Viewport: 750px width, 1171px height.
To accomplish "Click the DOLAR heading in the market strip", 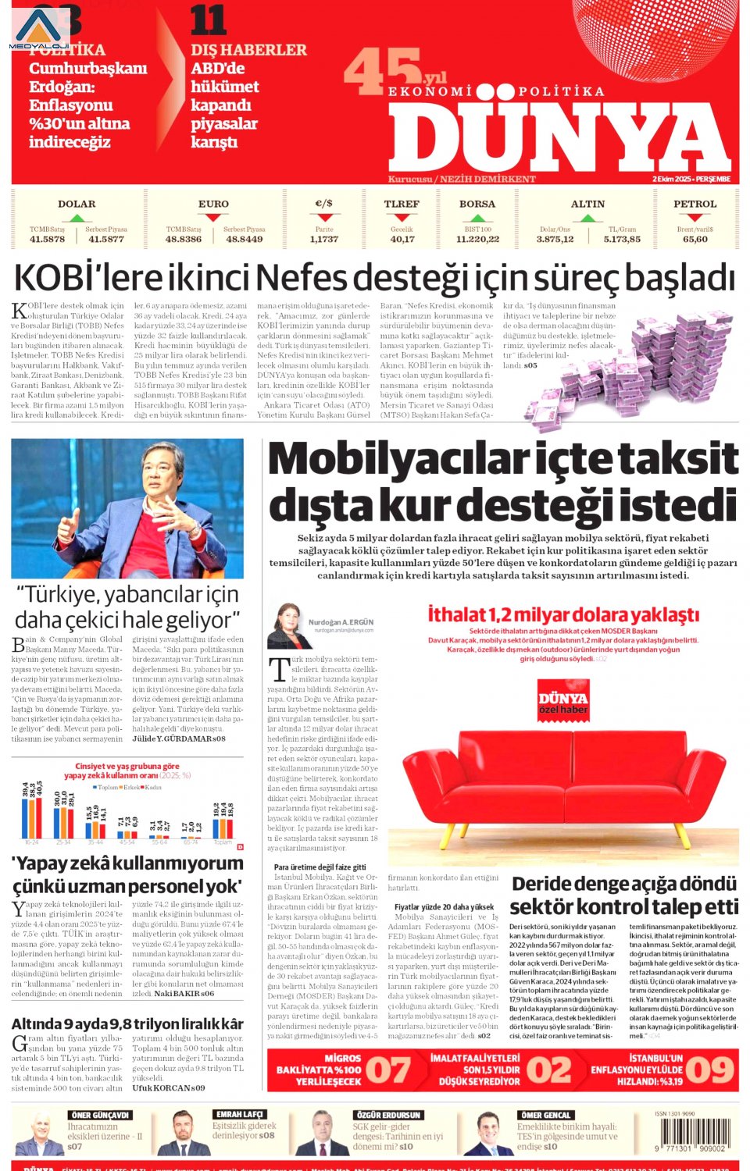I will [x=77, y=204].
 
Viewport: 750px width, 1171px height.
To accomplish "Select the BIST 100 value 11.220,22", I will [x=477, y=240].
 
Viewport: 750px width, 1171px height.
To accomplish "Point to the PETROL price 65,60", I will [x=695, y=240].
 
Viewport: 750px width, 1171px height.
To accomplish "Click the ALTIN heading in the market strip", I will [x=587, y=204].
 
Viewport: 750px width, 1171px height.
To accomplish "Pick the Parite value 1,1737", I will [x=324, y=240].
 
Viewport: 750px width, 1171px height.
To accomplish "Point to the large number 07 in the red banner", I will [x=388, y=1070].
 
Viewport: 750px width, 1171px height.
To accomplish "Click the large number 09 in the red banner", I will [x=709, y=1070].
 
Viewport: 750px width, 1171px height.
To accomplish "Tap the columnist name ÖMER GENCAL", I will [x=547, y=1115].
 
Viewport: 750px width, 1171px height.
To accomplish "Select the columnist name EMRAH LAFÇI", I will [x=239, y=1115].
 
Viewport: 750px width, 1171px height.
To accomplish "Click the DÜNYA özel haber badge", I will [x=562, y=697].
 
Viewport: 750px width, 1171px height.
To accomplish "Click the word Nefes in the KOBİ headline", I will [x=305, y=278].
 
